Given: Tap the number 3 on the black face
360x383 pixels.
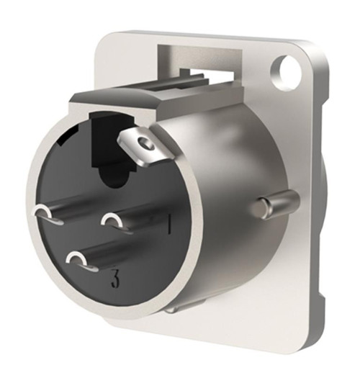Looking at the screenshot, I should pyautogui.click(x=114, y=280).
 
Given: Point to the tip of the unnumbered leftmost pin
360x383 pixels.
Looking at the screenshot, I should pyautogui.click(x=42, y=212).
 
